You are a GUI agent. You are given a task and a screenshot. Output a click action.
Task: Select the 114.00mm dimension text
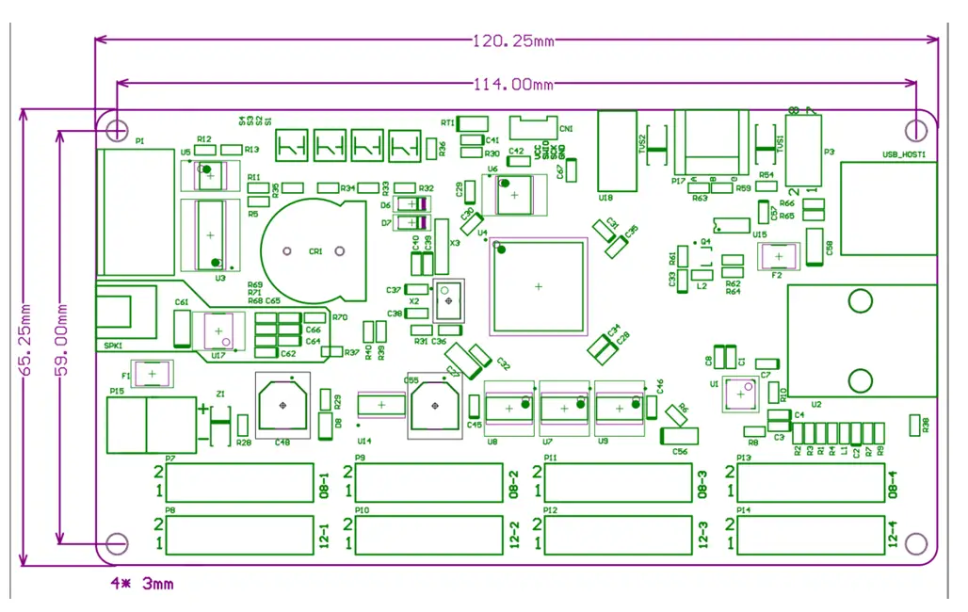tap(513, 85)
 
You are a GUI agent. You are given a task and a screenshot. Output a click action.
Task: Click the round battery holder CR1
tap(314, 250)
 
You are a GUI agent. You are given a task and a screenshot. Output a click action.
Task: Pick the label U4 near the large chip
tap(482, 233)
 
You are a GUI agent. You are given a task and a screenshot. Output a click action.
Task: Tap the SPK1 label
tap(114, 346)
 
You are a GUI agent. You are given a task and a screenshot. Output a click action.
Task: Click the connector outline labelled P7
tap(239, 482)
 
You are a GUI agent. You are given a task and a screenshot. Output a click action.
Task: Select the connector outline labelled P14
tap(810, 534)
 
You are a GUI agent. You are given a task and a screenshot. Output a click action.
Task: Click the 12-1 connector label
tap(324, 535)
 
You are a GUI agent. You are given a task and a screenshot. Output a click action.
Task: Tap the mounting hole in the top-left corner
tap(117, 127)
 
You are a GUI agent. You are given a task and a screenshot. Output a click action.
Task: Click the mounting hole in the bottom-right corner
tap(915, 542)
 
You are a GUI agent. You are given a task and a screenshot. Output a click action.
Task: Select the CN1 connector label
tap(566, 129)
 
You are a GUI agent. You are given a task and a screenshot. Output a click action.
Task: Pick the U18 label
tap(605, 198)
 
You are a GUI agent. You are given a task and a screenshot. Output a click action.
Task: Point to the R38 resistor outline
tap(913, 425)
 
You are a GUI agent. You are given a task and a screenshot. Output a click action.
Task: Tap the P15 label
tap(117, 391)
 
